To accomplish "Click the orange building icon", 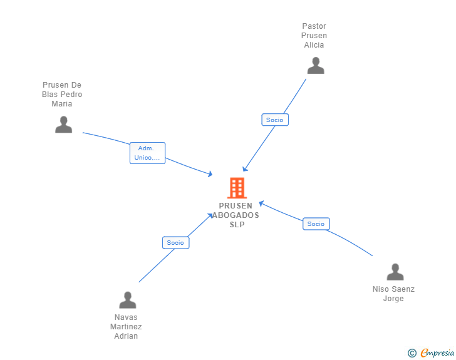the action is tap(237, 188).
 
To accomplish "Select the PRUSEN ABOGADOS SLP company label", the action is tap(236, 215).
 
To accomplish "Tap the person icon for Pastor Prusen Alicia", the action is tap(316, 66).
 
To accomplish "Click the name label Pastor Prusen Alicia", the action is tap(314, 36).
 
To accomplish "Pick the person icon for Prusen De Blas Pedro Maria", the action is tap(63, 125).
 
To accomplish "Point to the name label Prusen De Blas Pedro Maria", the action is tap(62, 94).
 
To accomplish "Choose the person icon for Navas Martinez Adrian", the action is tap(127, 300).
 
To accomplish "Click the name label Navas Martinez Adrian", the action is tap(126, 327).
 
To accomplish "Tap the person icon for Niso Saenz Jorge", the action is tap(395, 272).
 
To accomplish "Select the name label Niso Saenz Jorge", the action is tap(393, 294).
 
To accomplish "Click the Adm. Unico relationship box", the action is tap(147, 153).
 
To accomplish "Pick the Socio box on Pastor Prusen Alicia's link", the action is tap(275, 120).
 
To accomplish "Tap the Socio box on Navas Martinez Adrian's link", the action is tap(175, 242).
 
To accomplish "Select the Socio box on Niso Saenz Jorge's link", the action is tap(316, 224).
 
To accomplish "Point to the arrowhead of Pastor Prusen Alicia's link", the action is tap(244, 169).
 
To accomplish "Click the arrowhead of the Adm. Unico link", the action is tap(210, 174).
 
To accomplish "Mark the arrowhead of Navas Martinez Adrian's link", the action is tap(210, 216).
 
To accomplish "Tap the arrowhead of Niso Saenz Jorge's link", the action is tap(261, 203).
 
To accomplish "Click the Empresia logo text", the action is tap(437, 352).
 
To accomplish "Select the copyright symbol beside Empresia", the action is tap(412, 353).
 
